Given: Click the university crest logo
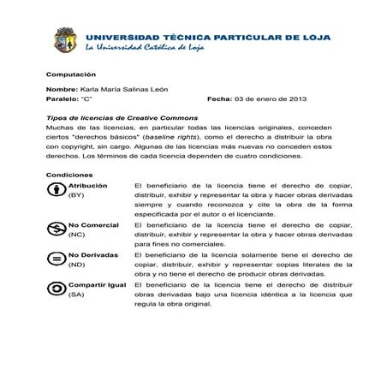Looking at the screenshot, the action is (67, 40).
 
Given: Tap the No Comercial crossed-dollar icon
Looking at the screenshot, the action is (56, 228).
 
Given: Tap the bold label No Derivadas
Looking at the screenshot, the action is (92, 254).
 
